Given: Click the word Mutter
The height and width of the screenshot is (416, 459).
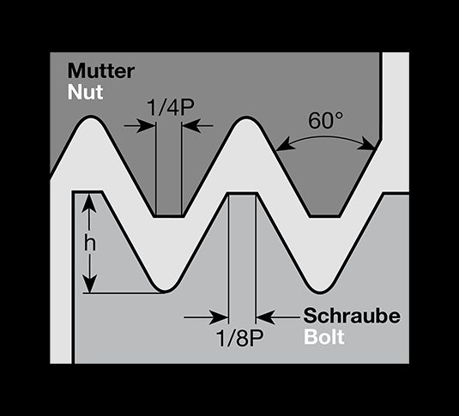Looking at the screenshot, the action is click(x=101, y=71).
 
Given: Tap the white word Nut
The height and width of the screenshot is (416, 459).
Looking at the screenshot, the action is click(x=86, y=93).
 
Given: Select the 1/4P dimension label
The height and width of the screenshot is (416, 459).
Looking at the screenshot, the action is click(x=171, y=107).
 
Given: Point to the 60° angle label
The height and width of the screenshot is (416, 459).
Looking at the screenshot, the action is click(x=325, y=120).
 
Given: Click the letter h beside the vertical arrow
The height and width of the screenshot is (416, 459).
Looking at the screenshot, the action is click(x=90, y=244).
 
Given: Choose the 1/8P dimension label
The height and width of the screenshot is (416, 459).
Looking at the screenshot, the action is click(x=240, y=338).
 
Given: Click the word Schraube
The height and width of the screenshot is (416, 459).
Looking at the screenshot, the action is click(x=352, y=317).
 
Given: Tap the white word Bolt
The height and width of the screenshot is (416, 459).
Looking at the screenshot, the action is click(x=323, y=337).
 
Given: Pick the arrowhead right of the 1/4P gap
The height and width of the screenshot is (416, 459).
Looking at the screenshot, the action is click(x=191, y=126).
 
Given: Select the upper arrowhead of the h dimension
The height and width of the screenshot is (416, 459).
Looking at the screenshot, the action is click(x=88, y=204).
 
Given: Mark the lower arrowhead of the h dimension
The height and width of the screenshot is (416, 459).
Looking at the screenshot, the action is click(x=89, y=283).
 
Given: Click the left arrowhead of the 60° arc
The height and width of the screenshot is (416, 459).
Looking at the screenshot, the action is click(x=283, y=145).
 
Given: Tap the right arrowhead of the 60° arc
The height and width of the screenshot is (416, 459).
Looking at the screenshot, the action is click(x=366, y=145).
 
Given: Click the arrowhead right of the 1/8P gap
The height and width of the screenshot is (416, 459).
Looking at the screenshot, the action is click(x=265, y=317).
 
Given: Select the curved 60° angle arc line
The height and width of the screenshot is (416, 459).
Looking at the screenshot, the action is click(x=325, y=137).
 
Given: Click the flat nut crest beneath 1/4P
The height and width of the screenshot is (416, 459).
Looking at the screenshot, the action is click(x=169, y=216).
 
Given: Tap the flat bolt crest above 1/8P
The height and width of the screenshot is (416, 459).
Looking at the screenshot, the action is click(x=243, y=194).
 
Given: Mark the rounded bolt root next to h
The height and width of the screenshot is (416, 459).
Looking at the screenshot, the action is click(x=165, y=291).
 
